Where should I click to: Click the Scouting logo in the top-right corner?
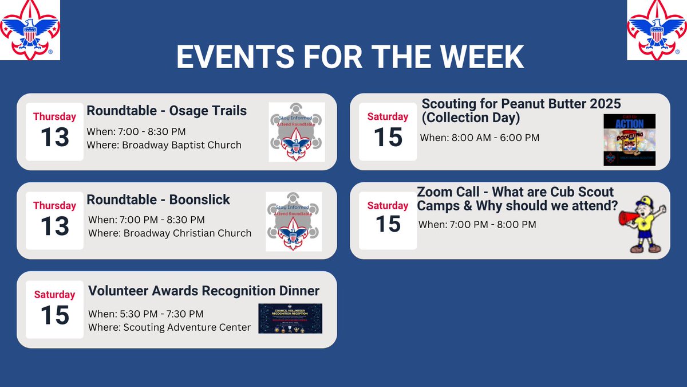656,29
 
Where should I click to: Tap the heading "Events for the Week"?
350,57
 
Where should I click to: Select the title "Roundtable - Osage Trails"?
167,111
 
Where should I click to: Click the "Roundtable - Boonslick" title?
159,200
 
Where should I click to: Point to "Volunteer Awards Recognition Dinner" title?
204,291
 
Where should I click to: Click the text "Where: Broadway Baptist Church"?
164,145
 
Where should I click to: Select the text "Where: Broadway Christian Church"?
169,233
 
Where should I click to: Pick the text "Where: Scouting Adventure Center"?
169,327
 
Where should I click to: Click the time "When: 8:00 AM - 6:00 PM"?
479,138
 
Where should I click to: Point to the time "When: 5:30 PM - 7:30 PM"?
145,314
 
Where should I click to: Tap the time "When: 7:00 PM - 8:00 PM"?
477,224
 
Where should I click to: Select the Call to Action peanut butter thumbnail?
629,140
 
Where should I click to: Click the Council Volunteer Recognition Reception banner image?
290,318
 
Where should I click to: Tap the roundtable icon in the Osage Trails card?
297,132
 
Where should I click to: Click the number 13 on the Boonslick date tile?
54,226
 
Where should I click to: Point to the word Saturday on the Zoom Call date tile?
388,205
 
